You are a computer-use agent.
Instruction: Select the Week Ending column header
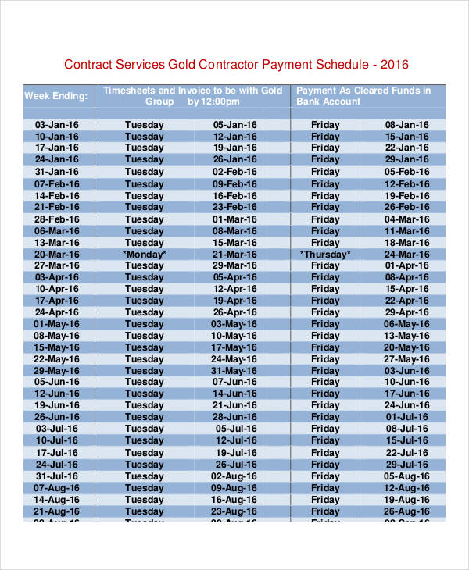[x=59, y=96]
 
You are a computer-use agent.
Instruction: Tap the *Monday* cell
[x=145, y=254]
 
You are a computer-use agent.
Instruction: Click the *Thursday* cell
[x=325, y=254]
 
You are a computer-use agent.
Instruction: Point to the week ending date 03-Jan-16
[x=57, y=125]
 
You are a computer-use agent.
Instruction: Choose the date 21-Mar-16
[x=234, y=254]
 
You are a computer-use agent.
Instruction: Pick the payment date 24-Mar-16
[x=407, y=254]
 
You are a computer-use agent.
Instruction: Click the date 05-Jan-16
[x=234, y=125]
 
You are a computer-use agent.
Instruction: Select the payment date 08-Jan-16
[x=407, y=125]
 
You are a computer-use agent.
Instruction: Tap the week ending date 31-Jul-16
[x=57, y=476]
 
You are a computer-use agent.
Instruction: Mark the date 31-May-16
[x=234, y=371]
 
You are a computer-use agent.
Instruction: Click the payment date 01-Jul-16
[x=407, y=418]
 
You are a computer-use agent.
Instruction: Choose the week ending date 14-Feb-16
[x=57, y=195]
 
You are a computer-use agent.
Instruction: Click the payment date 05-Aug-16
[x=407, y=476]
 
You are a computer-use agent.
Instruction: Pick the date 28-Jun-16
[x=234, y=418]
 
